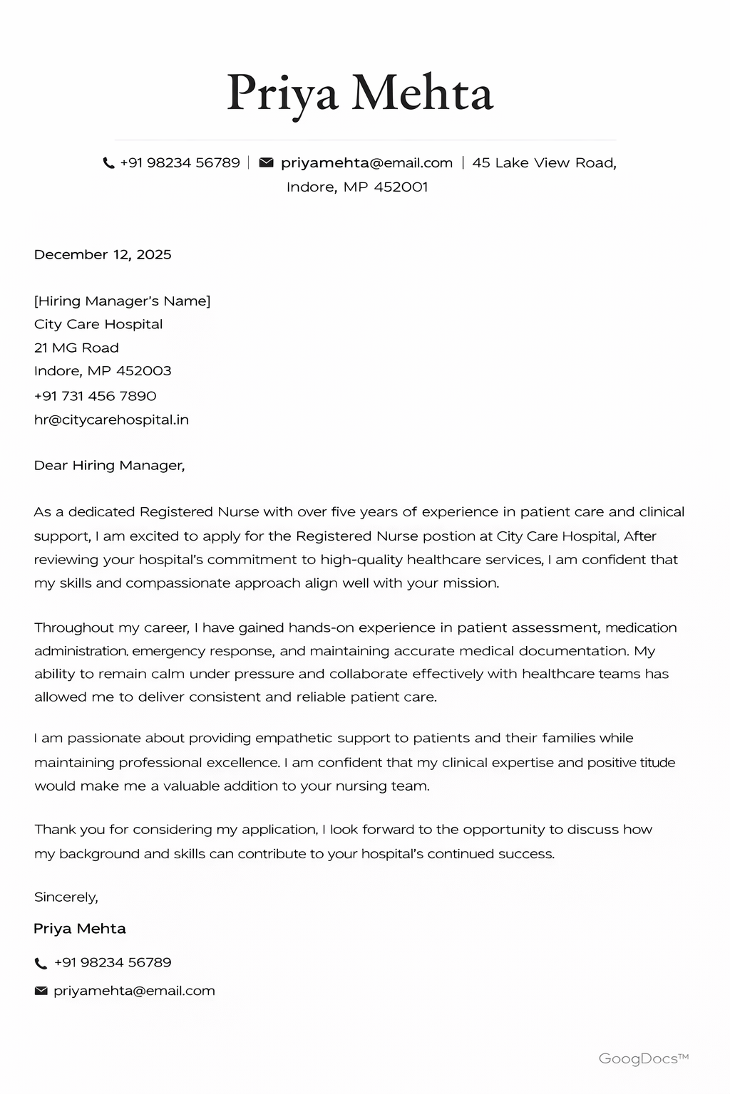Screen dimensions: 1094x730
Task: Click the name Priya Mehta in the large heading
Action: pyautogui.click(x=360, y=93)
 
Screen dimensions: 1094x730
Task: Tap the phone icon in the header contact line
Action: pyautogui.click(x=108, y=163)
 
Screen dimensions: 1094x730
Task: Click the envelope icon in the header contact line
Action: pyautogui.click(x=266, y=162)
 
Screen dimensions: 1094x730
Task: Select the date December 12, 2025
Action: pyautogui.click(x=103, y=254)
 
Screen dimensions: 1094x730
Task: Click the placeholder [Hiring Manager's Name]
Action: pyautogui.click(x=122, y=301)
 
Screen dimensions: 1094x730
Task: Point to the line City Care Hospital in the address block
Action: pyautogui.click(x=98, y=324)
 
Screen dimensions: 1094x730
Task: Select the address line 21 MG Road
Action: pyautogui.click(x=76, y=348)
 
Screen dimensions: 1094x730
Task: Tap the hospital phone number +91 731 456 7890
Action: pyautogui.click(x=95, y=395)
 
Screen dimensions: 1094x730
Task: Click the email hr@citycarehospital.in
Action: pyautogui.click(x=111, y=420)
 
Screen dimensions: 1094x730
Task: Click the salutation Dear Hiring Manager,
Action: pyautogui.click(x=109, y=465)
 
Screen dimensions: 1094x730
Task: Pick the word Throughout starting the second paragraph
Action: pyautogui.click(x=74, y=627)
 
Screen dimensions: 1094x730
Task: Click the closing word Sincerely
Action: pyautogui.click(x=66, y=897)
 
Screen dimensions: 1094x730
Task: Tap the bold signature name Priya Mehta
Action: pyautogui.click(x=80, y=928)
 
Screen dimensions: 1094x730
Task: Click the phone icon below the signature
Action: pyautogui.click(x=41, y=963)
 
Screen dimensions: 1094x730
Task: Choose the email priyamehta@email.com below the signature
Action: pyautogui.click(x=134, y=991)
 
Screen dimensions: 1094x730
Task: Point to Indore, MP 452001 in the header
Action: pyautogui.click(x=357, y=187)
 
